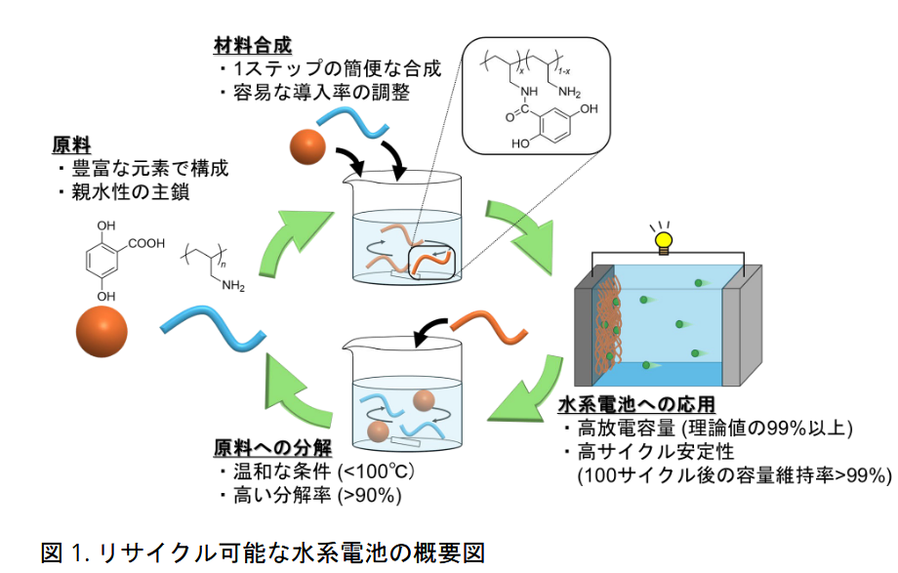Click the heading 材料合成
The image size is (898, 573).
253,45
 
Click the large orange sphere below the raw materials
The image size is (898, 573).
102,332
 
